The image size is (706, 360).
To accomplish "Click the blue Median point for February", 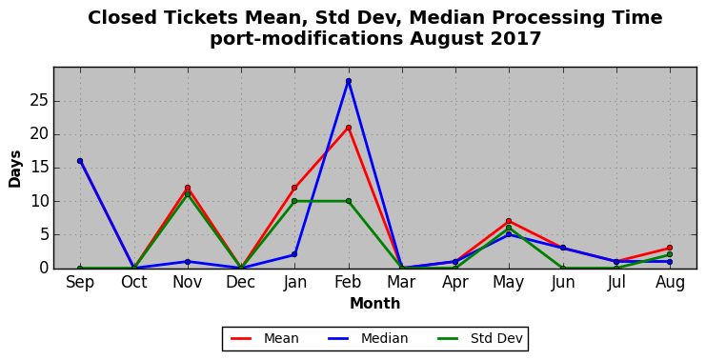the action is [349, 81].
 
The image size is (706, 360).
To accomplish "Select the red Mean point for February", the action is [349, 128].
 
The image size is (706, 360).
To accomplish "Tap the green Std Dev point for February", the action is [349, 201].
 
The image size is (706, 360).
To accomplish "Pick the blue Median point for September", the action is [80, 161].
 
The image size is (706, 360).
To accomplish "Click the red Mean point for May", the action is [509, 221].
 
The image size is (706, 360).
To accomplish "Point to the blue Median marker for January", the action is [294, 254].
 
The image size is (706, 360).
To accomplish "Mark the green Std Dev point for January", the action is [294, 201].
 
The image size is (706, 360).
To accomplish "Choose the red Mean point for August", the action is [670, 248].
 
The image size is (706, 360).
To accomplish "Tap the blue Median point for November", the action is [188, 262].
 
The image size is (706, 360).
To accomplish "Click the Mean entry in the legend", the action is [265, 338].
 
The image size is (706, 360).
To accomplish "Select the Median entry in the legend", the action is [368, 338].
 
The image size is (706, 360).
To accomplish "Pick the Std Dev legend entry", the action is [480, 338].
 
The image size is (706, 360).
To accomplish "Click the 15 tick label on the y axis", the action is [39, 168].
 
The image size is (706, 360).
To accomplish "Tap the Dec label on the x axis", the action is [241, 282].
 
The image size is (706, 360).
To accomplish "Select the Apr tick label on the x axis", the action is [455, 283].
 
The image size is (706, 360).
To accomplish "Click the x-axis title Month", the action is [375, 303].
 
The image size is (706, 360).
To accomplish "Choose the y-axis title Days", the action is [15, 170].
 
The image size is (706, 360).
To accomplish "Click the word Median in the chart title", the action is [448, 18].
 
